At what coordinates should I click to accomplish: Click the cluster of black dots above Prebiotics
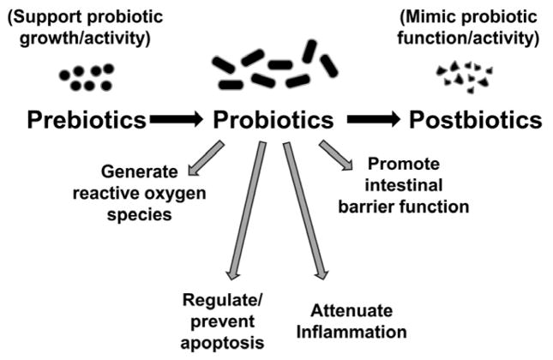(x=87, y=78)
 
